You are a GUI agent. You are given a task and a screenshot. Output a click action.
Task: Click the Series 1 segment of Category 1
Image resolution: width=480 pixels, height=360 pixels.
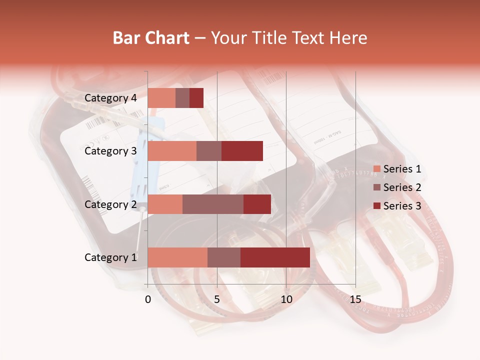point(177,257)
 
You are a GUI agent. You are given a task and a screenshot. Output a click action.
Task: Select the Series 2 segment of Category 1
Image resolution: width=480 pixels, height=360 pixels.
point(224,257)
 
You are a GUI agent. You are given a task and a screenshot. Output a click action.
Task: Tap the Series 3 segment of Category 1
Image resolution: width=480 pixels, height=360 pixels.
point(275,257)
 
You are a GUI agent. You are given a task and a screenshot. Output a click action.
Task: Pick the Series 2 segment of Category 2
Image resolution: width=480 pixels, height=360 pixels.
point(213,204)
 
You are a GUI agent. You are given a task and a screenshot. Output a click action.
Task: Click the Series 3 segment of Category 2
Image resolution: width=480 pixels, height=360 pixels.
point(257,204)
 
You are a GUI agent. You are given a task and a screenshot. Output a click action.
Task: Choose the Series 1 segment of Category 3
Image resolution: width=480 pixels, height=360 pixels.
point(172,151)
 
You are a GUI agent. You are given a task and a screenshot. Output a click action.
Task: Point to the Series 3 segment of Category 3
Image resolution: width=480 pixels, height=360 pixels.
point(242,151)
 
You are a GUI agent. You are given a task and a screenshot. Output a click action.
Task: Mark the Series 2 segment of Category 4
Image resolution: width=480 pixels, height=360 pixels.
point(182,98)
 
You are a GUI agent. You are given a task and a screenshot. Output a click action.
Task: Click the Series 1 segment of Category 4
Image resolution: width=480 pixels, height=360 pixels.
point(161,98)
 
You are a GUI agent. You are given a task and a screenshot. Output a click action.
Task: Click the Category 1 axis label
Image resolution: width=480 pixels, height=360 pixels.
point(110,257)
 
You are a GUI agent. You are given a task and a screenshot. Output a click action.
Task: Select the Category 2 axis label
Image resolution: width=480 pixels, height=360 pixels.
point(110,204)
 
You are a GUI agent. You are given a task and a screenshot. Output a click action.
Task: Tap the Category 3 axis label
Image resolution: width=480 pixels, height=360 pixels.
point(110,151)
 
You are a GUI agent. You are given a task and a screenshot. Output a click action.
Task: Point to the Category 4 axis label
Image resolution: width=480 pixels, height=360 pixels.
point(110,98)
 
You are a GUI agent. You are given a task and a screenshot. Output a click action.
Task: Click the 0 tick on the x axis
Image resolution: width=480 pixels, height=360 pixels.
point(148,299)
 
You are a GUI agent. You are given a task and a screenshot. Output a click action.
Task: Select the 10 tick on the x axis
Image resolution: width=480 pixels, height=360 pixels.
point(286,299)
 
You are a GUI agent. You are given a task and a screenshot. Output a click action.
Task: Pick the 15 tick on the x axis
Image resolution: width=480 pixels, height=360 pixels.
point(355,299)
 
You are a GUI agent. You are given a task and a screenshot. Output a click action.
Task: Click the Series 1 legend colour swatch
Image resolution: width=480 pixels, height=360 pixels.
point(376,169)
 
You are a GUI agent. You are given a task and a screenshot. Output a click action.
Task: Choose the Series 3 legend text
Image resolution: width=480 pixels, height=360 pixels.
point(402,206)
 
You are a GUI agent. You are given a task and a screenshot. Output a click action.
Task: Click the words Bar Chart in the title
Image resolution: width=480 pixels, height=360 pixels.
point(151,38)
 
